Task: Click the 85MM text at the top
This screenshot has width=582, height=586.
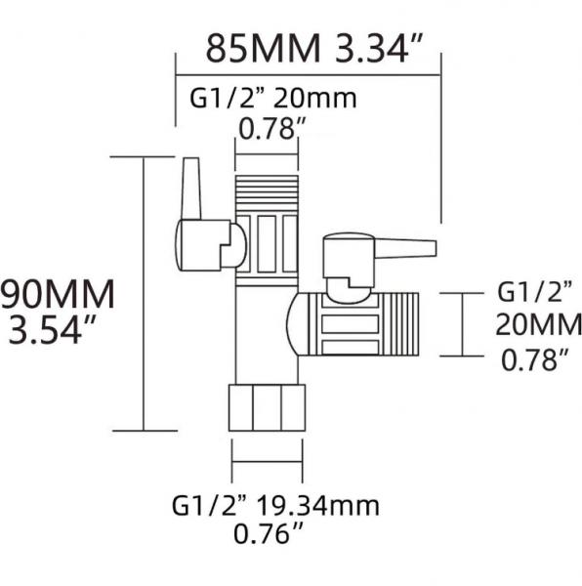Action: [x=264, y=49]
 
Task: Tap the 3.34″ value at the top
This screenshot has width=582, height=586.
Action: [x=379, y=48]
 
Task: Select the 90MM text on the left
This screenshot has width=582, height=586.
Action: [x=58, y=295]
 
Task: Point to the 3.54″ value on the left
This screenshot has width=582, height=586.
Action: [x=53, y=329]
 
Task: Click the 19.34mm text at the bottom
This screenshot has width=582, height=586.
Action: [x=317, y=506]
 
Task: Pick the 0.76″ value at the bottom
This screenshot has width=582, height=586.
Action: [x=269, y=533]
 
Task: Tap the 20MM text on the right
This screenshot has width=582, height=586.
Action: [x=538, y=324]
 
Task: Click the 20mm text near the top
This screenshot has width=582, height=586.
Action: [x=314, y=98]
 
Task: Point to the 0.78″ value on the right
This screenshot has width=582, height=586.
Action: [x=535, y=359]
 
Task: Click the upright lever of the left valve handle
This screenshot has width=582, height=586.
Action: [x=190, y=188]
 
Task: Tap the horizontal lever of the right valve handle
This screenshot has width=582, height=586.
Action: [x=405, y=249]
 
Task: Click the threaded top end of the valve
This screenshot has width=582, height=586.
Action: [x=267, y=194]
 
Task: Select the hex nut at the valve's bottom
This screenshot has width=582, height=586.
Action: [x=267, y=407]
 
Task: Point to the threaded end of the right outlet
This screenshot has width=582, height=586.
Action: [x=398, y=324]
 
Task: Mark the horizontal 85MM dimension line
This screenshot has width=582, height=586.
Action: [x=309, y=75]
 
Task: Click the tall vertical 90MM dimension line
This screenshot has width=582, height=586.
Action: [x=144, y=294]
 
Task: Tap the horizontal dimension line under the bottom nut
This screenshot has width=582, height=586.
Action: [x=268, y=461]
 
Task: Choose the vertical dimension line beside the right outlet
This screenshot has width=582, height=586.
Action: [x=463, y=324]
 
